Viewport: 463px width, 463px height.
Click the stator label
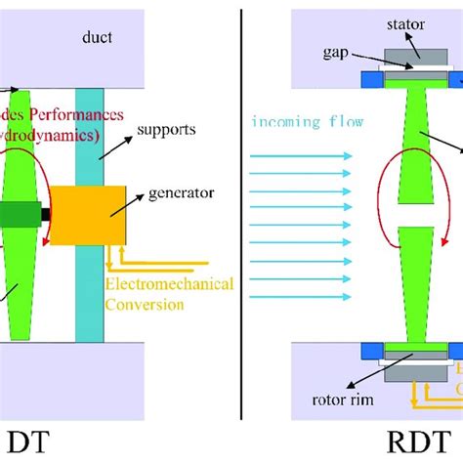coord(404,24)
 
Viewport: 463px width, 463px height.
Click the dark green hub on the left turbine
coord(16,215)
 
